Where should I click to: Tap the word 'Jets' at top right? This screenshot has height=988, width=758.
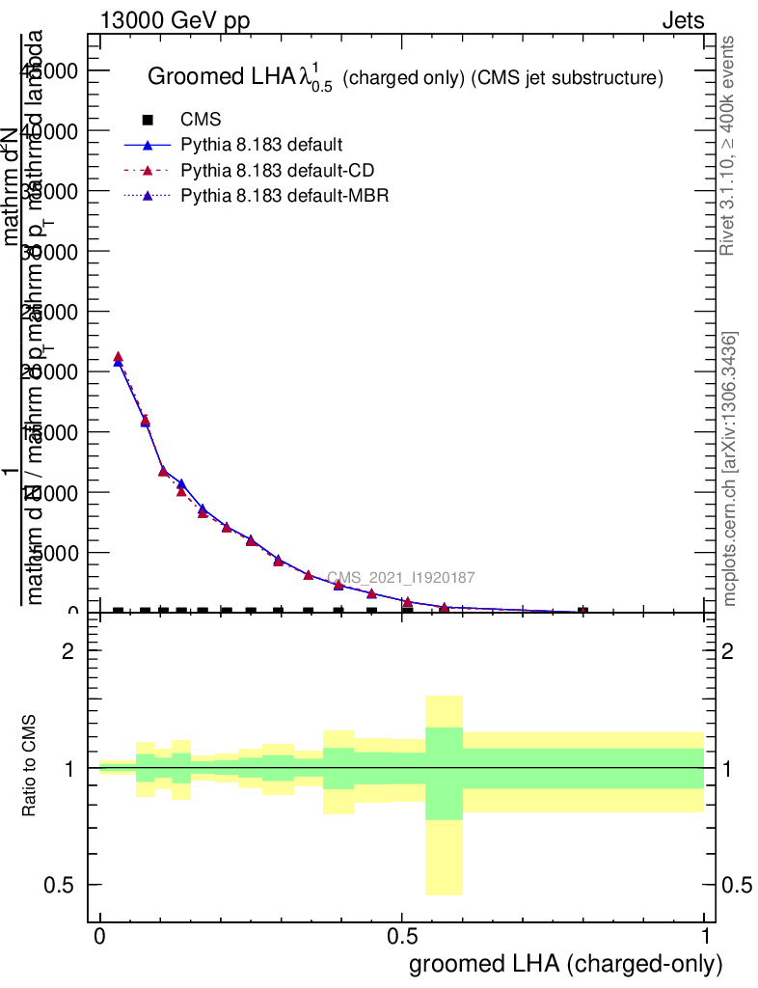(682, 21)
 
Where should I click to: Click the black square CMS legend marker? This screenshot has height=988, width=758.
(148, 121)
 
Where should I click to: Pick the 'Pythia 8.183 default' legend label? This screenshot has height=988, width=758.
(261, 146)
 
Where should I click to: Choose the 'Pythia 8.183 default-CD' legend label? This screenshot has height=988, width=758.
(277, 171)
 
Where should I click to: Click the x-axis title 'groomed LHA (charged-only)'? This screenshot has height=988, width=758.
(566, 964)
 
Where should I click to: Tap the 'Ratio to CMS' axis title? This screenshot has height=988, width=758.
(30, 767)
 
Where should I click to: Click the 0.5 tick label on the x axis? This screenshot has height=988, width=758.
(402, 937)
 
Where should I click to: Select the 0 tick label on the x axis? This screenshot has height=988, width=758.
(100, 937)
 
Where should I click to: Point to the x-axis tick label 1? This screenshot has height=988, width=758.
(705, 937)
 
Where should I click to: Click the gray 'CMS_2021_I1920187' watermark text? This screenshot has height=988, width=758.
(400, 578)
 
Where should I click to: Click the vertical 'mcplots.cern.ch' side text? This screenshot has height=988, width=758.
(730, 469)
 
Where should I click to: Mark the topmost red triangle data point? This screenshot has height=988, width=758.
(118, 357)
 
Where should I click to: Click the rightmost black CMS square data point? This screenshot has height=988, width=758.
(582, 612)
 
